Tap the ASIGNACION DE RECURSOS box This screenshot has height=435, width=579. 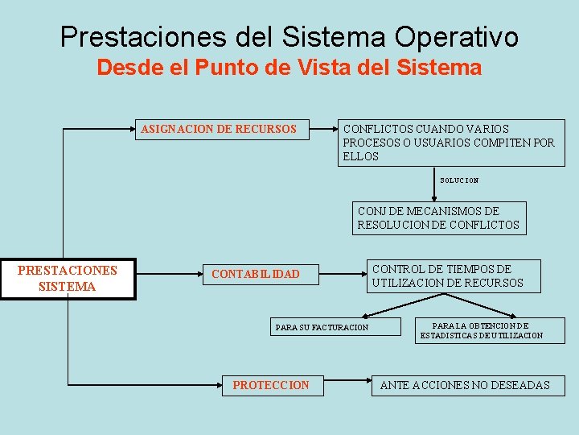pyautogui.click(x=219, y=129)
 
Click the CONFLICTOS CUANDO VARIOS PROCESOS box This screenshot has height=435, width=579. pyautogui.click(x=450, y=143)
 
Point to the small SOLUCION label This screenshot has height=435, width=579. pyautogui.click(x=459, y=180)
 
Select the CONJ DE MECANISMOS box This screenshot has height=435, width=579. pyautogui.click(x=439, y=217)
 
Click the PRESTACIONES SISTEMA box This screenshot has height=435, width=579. pyautogui.click(x=68, y=279)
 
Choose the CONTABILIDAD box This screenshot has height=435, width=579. pyautogui.click(x=256, y=275)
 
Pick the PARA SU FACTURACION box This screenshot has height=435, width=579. pyautogui.click(x=322, y=327)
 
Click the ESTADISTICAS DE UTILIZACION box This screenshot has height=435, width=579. pyautogui.click(x=481, y=330)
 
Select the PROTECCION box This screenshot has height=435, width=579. pyautogui.click(x=270, y=385)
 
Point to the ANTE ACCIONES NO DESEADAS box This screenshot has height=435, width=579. pyautogui.click(x=465, y=385)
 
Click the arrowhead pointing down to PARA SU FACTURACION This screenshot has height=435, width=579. pyautogui.click(x=366, y=317)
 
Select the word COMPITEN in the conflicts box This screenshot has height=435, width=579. pyautogui.click(x=506, y=143)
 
